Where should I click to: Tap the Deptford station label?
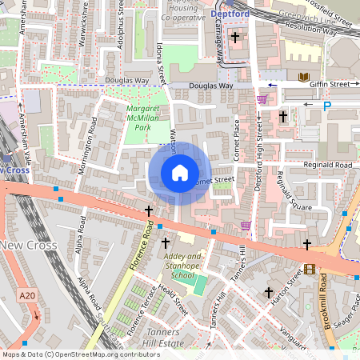pyautogui.click(x=230, y=14)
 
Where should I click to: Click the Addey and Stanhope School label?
pyautogui.click(x=183, y=266)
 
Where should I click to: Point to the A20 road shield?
pyautogui.click(x=26, y=296)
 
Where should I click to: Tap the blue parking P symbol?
pyautogui.click(x=326, y=106)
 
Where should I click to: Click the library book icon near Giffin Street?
pyautogui.click(x=304, y=78)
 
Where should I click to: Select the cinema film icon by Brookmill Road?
pyautogui.click(x=308, y=270)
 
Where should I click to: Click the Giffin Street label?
pyautogui.click(x=330, y=83)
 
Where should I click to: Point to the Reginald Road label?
pyautogui.click(x=328, y=165)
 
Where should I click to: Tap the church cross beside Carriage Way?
pyautogui.click(x=235, y=37)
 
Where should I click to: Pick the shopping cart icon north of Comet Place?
pyautogui.click(x=262, y=99)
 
